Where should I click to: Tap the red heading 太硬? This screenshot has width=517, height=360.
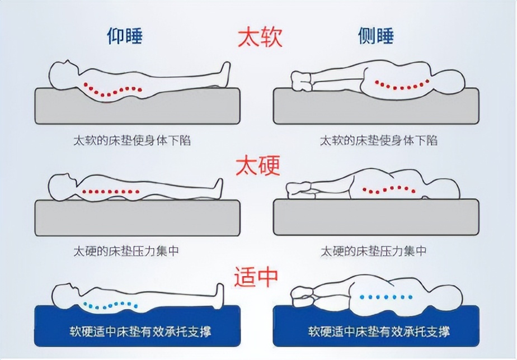(258, 166)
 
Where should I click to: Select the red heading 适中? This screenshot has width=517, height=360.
(258, 276)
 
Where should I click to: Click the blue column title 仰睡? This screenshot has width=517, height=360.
(125, 36)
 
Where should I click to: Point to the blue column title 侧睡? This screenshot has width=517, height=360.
(376, 36)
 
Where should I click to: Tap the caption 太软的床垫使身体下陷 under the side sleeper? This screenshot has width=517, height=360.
(379, 140)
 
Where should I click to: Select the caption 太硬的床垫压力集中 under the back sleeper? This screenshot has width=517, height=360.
(126, 250)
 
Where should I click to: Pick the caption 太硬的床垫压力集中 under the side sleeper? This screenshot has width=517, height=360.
(374, 250)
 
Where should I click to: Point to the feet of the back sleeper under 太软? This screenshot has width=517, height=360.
(225, 72)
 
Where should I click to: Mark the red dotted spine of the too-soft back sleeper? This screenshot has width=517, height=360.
(112, 89)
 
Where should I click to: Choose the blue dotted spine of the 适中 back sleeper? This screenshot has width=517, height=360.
(109, 305)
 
